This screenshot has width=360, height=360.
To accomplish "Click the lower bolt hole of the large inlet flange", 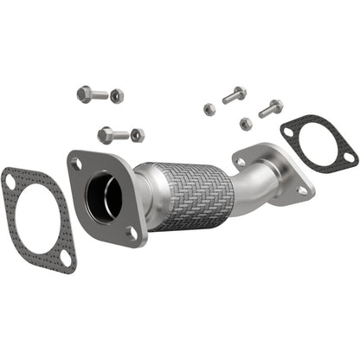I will pyautogui.click(x=131, y=231).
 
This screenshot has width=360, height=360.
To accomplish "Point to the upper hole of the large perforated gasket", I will pyautogui.click(x=10, y=182).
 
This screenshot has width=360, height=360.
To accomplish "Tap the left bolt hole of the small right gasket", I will pyautogui.click(x=288, y=132).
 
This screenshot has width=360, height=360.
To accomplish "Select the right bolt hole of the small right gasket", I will pyautogui.click(x=348, y=158).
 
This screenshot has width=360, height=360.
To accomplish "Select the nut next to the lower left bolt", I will pyautogui.click(x=138, y=135).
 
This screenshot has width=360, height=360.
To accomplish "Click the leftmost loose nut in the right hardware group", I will pyautogui.click(x=209, y=108).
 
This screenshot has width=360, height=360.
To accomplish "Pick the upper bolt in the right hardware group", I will pyautogui.click(x=235, y=95).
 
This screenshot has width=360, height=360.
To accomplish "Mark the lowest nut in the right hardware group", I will pyautogui.click(x=246, y=124).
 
